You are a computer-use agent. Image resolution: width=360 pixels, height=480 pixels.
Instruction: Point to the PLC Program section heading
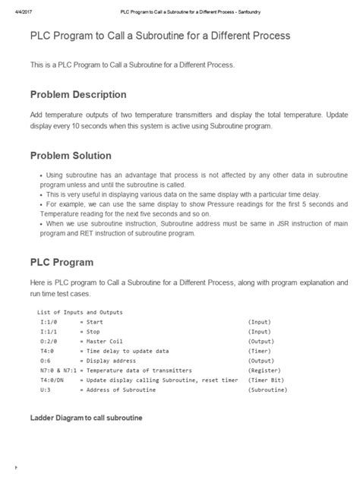tap(62, 262)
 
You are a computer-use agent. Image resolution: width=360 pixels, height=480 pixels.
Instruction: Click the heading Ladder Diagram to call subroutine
tap(86, 418)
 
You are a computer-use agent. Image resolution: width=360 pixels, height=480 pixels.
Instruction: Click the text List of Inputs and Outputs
tap(79, 312)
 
